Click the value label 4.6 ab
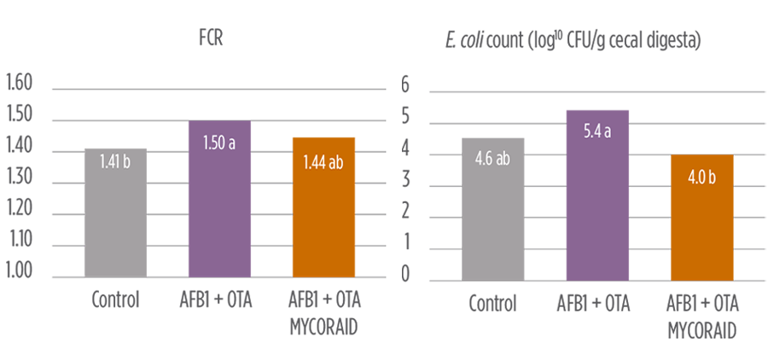(492, 159)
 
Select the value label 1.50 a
(218, 142)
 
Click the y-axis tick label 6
(405, 84)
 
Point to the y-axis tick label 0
(405, 275)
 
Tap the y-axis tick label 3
(405, 180)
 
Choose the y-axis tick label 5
(405, 116)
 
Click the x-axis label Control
(492, 305)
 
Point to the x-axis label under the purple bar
(597, 305)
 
